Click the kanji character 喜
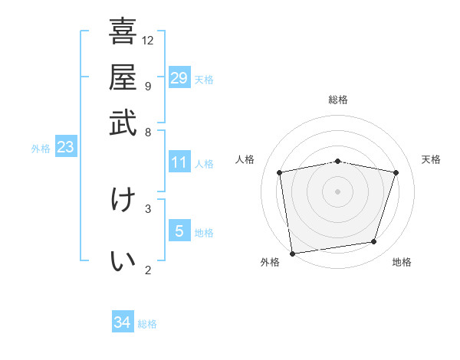click(x=123, y=32)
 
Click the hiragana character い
click(x=123, y=261)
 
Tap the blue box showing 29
click(x=179, y=78)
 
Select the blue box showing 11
click(x=179, y=162)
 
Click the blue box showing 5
click(x=179, y=231)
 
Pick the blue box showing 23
click(x=65, y=147)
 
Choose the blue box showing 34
click(x=123, y=322)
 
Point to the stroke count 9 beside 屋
click(x=147, y=85)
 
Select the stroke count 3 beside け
click(x=147, y=208)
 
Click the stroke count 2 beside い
click(x=147, y=269)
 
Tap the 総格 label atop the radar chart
click(x=337, y=100)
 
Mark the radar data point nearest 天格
click(x=396, y=172)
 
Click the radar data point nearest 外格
click(x=292, y=253)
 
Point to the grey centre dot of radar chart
click(x=337, y=191)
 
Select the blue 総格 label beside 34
click(x=147, y=324)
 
